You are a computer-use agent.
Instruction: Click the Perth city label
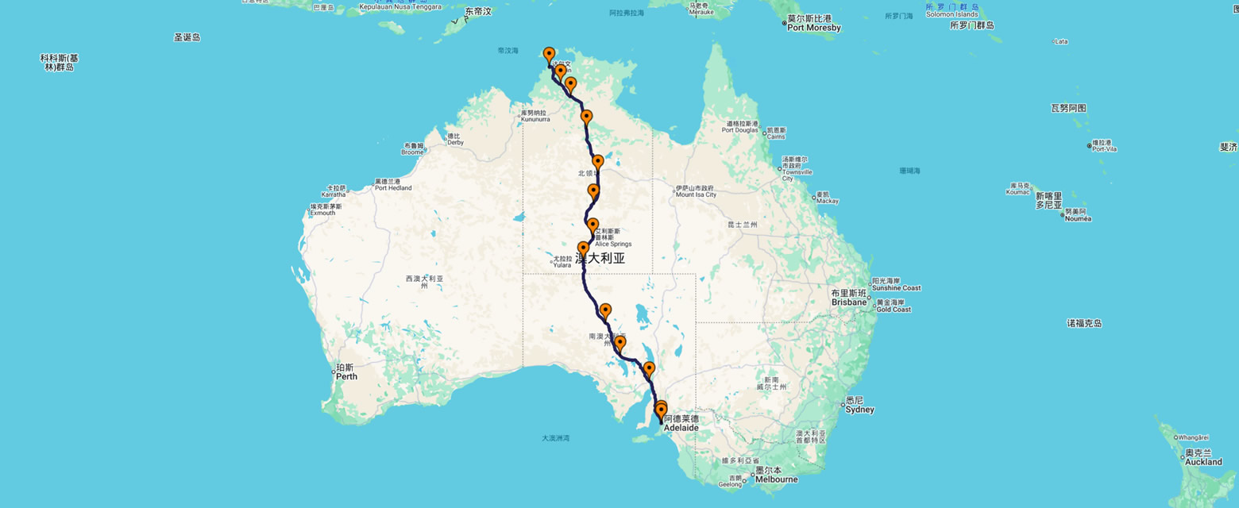pos(346,375)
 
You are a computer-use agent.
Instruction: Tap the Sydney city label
pos(859,410)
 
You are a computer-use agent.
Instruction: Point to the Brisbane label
pos(848,302)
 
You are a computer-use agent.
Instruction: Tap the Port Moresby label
pos(813,28)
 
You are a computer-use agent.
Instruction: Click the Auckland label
pos(1203,461)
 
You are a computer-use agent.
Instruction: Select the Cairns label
pos(776,136)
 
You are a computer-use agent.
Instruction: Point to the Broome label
pos(412,152)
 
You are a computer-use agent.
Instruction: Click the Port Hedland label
pos(393,188)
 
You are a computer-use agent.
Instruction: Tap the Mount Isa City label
pos(696,194)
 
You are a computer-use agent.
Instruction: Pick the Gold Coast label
pos(892,310)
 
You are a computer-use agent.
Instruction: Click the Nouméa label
pos(1078,217)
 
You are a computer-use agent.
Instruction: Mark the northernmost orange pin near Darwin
pos(549,55)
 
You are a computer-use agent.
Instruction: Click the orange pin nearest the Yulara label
pos(583,248)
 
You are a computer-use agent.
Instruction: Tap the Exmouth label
pos(323,213)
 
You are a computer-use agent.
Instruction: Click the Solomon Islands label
pos(951,14)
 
